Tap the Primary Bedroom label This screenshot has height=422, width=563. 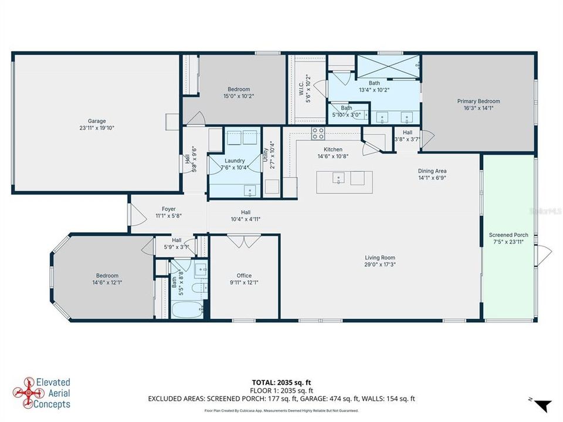(479, 101)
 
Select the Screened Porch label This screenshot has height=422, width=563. (508, 235)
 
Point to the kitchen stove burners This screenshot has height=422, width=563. (318, 134)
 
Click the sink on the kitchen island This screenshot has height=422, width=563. (339, 178)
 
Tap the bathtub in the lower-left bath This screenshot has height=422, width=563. (186, 308)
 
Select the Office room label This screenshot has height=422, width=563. (244, 275)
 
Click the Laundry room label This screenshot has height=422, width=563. (235, 161)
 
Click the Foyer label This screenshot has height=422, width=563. (169, 209)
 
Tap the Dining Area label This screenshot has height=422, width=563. (432, 171)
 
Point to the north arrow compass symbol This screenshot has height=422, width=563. (542, 404)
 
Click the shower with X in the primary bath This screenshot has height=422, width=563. (388, 63)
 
